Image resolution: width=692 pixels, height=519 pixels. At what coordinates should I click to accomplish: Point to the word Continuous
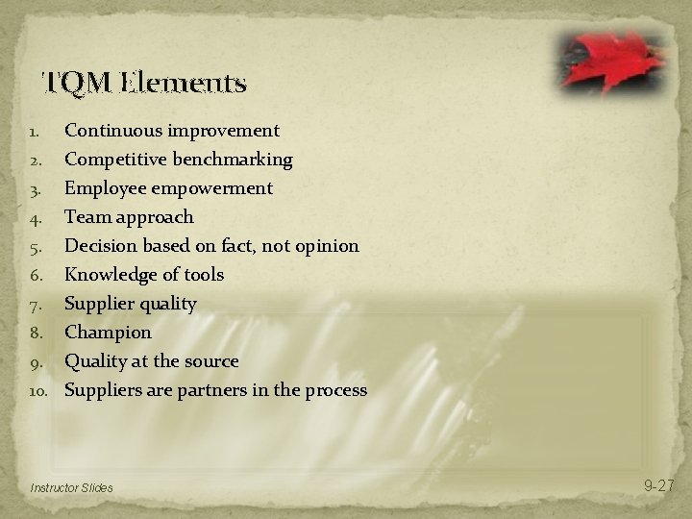[x=109, y=130]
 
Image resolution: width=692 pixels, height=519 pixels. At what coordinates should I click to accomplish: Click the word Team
[x=86, y=216]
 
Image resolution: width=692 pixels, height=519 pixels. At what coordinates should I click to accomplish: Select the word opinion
[x=326, y=245]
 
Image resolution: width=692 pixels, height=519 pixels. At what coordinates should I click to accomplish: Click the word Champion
[x=108, y=333]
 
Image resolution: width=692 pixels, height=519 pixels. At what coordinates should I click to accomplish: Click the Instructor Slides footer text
[x=71, y=488]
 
